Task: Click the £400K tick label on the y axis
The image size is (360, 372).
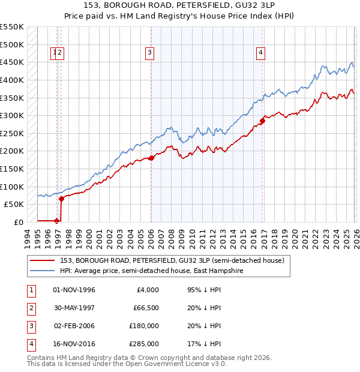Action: click(12, 80)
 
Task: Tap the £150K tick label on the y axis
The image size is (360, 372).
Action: click(12, 169)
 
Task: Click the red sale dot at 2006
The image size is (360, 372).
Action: click(151, 158)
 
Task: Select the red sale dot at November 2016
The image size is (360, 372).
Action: click(262, 121)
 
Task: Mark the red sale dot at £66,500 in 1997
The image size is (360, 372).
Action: click(61, 199)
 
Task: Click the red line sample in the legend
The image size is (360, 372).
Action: click(43, 260)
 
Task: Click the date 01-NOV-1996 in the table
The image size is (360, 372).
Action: click(74, 290)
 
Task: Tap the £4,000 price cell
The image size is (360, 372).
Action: click(147, 290)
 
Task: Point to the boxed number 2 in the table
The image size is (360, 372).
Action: click(30, 308)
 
